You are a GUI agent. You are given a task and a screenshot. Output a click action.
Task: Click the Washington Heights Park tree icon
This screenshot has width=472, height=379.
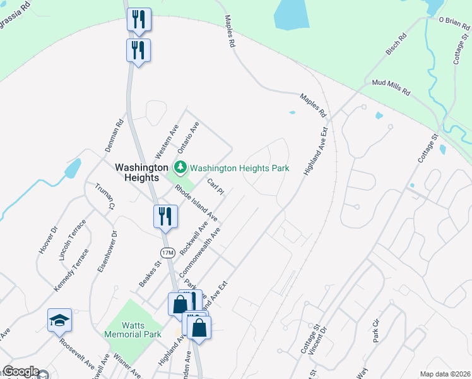coord(181,168)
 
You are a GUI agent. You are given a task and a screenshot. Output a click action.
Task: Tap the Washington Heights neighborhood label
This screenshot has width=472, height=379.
coord(141,172)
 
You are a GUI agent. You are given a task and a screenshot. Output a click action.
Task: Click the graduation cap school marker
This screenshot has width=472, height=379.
coord(59,320)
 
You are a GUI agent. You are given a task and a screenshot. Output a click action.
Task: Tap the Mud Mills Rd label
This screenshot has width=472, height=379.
coord(391,87)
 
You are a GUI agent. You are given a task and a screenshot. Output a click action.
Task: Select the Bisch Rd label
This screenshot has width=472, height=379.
coord(396,45)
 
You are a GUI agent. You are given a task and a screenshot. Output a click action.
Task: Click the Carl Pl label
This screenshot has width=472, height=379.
coord(216,187)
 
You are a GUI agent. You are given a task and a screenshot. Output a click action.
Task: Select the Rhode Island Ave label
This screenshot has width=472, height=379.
coord(196,202)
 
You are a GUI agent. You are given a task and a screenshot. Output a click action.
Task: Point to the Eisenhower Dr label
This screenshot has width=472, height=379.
coord(105,251)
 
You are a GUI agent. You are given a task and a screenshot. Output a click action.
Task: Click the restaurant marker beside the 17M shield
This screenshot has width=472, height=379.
coord(162,216)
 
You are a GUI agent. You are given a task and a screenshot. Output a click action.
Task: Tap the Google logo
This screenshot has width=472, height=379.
coord(21,372)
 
